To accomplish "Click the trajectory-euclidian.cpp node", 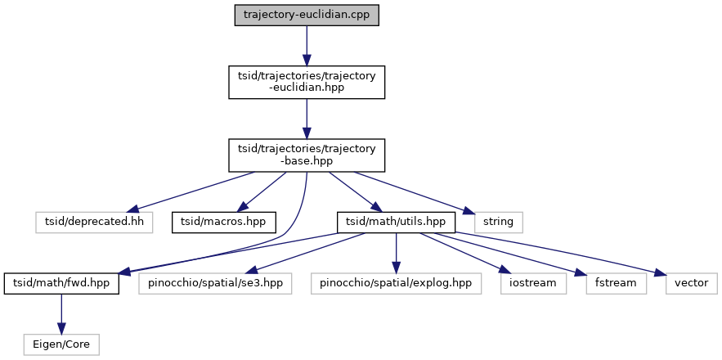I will coord(306,16).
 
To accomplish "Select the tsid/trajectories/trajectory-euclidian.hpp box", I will coord(306,83).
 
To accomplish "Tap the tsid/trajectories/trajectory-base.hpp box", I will coord(306,154).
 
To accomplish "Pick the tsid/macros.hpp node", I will coord(223,221).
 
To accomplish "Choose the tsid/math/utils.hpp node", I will coord(396,221).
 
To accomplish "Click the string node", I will coord(498,221).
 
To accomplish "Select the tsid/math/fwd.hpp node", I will coord(62,283).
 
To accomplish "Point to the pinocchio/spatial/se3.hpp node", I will coord(215,283).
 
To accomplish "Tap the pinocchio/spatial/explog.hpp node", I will coord(396,283).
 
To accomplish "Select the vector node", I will coord(691,283).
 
